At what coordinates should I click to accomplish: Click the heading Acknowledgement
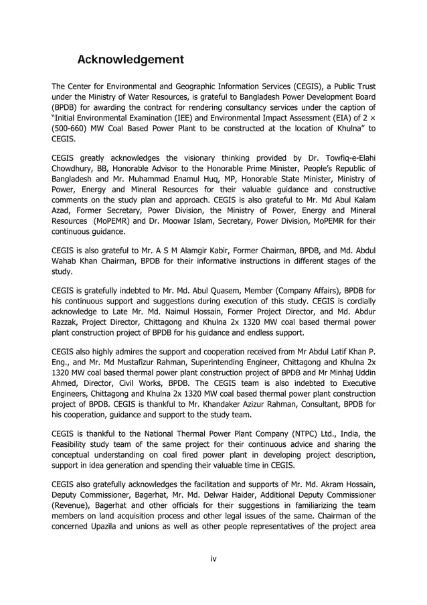pyautogui.click(x=131, y=60)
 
